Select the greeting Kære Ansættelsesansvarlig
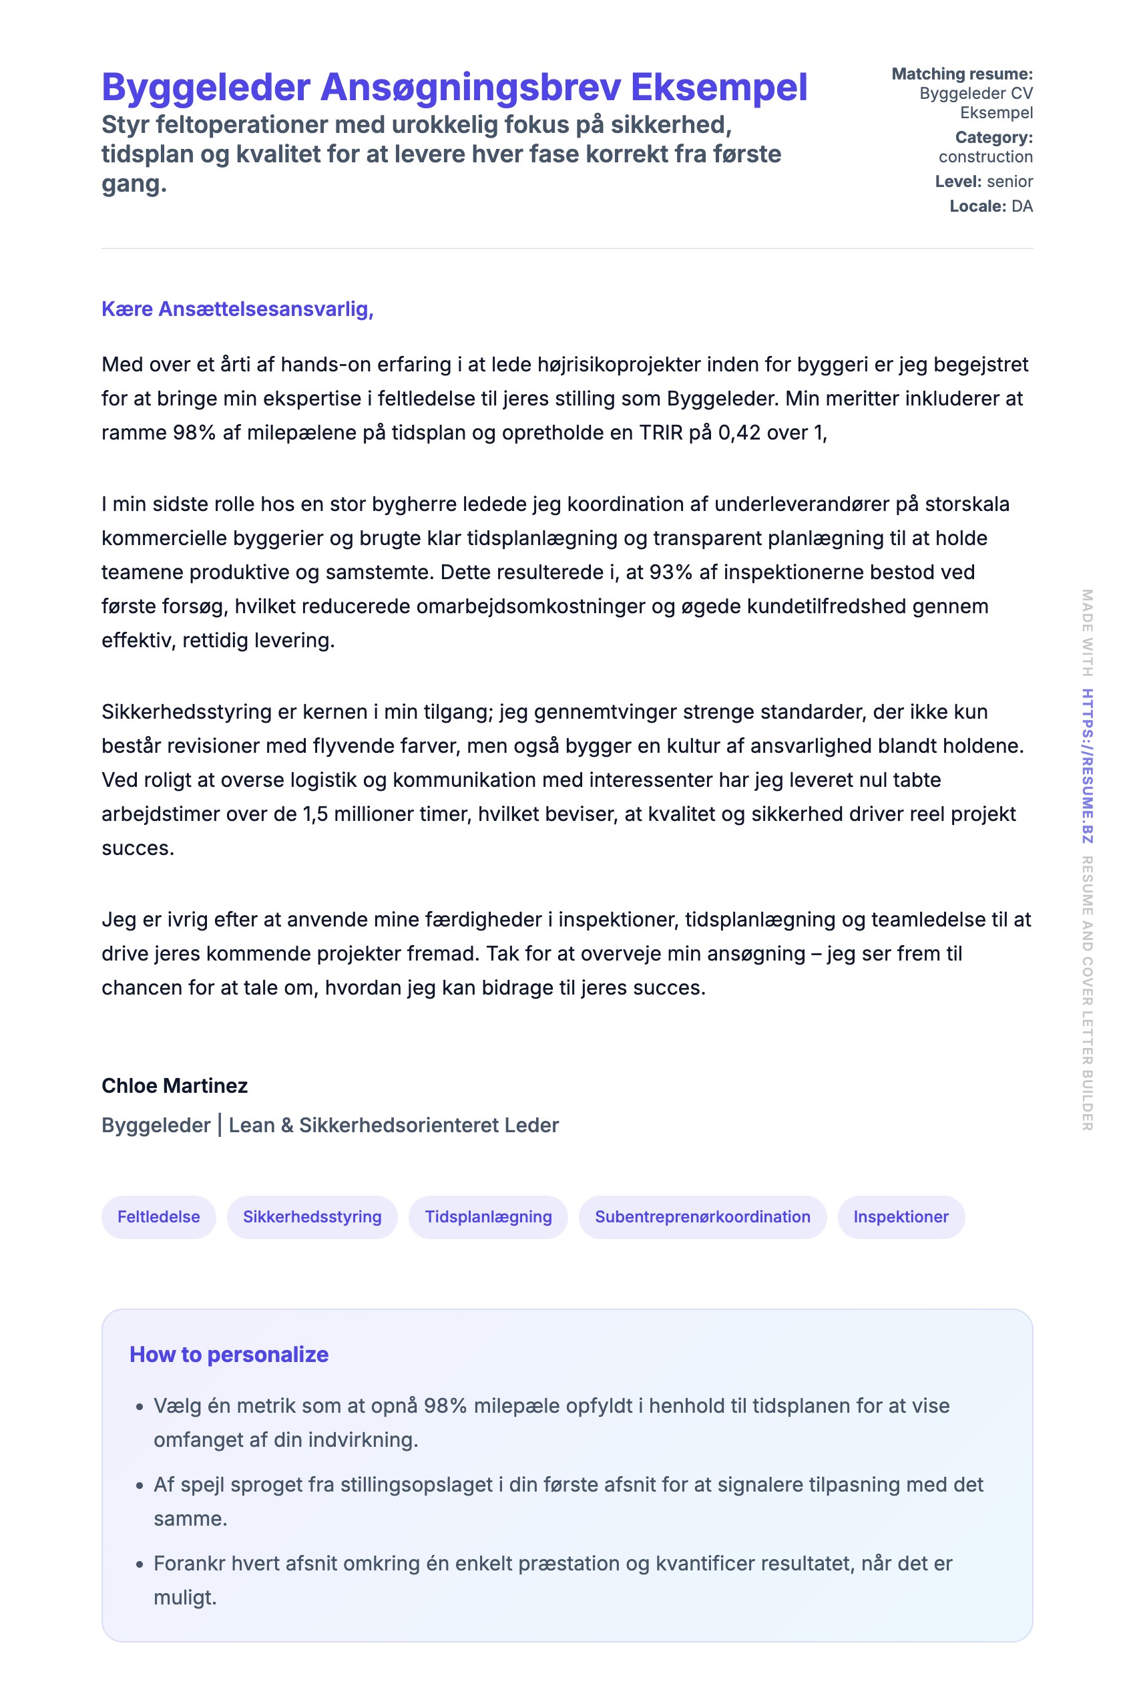tap(237, 309)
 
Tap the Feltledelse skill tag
tap(158, 1216)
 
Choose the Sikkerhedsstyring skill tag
tap(312, 1216)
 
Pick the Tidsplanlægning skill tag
tap(488, 1216)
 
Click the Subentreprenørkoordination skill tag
tap(702, 1216)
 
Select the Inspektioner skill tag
tap(901, 1216)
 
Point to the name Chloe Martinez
tap(174, 1085)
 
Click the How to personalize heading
tap(229, 1354)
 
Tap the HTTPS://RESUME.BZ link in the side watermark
tap(1087, 765)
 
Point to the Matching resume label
tap(961, 74)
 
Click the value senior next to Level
tap(1009, 182)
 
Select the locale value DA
tap(1021, 206)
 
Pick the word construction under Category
tap(985, 157)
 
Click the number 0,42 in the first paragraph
tap(739, 433)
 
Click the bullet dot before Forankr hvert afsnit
tap(140, 1565)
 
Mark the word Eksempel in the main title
tap(719, 88)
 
